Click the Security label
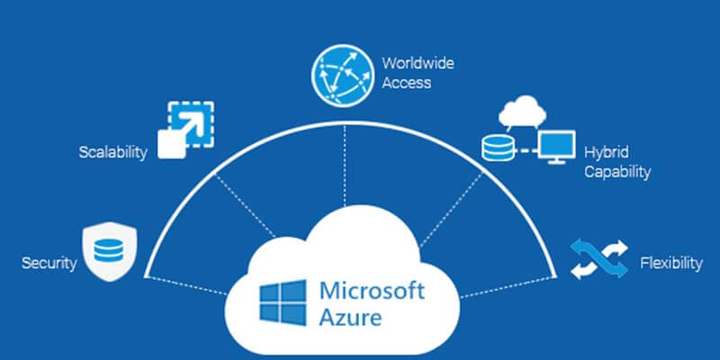48,264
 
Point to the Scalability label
112,152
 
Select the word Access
406,83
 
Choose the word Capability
616,172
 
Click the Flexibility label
670,263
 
